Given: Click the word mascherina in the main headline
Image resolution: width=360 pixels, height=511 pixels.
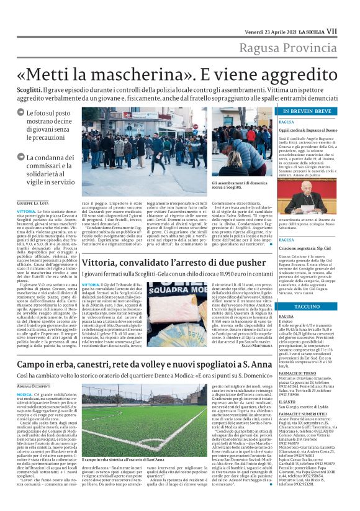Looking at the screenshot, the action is point(128,73).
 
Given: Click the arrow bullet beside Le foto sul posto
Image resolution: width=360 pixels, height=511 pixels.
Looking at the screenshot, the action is point(20,114).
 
